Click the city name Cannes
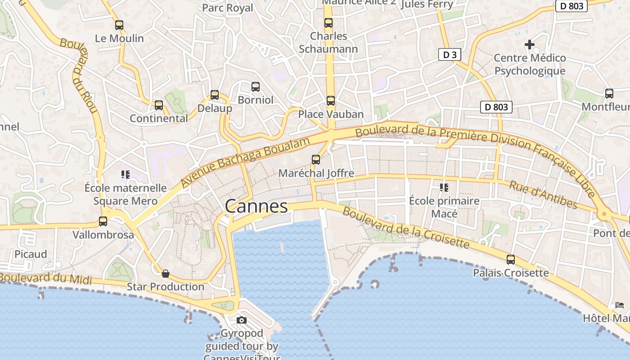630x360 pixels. [256, 207]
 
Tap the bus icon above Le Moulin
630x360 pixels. [119, 25]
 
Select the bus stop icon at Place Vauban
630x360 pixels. [331, 101]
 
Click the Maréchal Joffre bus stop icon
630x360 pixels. [316, 160]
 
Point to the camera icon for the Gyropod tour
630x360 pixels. [242, 320]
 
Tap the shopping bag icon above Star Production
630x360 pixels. [166, 273]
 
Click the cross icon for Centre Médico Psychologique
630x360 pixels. [530, 45]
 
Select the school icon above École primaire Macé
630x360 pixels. [444, 187]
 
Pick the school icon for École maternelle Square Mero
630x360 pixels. [125, 174]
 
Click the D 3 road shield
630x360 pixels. [450, 55]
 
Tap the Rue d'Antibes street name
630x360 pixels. [543, 194]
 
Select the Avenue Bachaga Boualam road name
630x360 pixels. [245, 162]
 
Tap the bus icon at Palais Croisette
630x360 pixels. [511, 260]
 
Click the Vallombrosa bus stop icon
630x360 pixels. [103, 221]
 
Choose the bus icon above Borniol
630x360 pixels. [256, 86]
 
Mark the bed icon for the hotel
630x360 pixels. [620, 305]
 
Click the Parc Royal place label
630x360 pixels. [227, 8]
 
